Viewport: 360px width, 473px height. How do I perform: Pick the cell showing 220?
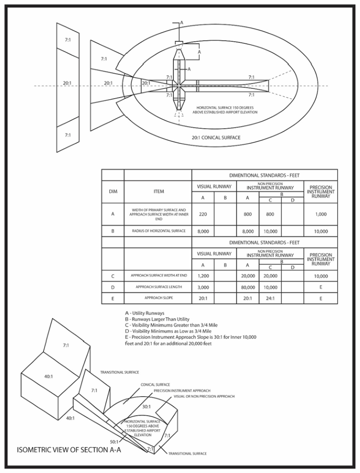(203, 215)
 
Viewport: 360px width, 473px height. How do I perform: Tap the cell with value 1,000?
(321, 215)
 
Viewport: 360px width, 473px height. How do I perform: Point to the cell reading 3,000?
(203, 287)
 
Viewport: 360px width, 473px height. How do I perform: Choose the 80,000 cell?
(248, 287)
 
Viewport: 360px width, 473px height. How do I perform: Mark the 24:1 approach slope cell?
(270, 299)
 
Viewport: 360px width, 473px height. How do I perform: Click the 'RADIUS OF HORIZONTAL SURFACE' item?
(158, 230)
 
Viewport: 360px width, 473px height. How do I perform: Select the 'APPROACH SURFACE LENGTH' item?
(158, 287)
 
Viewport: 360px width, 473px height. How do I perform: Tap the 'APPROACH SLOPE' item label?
(158, 299)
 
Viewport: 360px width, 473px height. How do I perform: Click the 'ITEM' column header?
(158, 192)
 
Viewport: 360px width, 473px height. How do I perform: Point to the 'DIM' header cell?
(113, 192)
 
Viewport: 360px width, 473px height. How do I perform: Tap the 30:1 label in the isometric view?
(146, 407)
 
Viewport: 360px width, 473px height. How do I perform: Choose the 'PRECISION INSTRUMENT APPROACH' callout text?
(182, 391)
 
